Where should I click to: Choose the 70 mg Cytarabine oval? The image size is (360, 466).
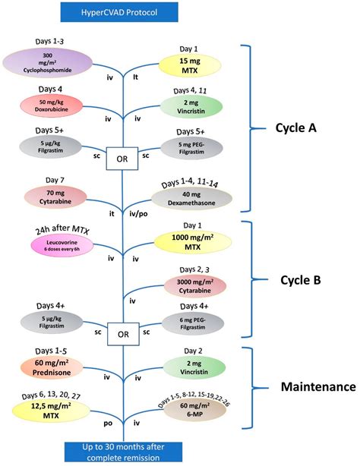(x=43, y=196)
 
